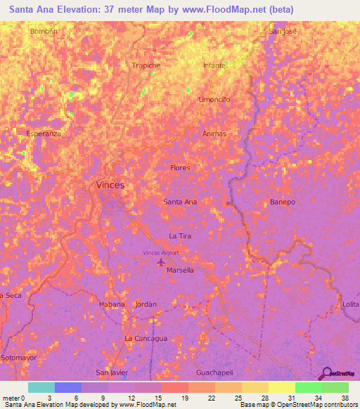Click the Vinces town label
110,185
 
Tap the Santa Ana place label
180,202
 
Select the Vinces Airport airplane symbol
161,262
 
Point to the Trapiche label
146,65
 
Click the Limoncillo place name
214,100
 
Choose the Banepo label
283,202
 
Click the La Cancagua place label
146,338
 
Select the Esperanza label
44,133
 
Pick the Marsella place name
180,270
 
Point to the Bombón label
43,32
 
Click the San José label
283,32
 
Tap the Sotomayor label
18,358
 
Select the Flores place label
180,168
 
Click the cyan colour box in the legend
41,387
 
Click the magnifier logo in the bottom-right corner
326,374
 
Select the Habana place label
112,304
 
